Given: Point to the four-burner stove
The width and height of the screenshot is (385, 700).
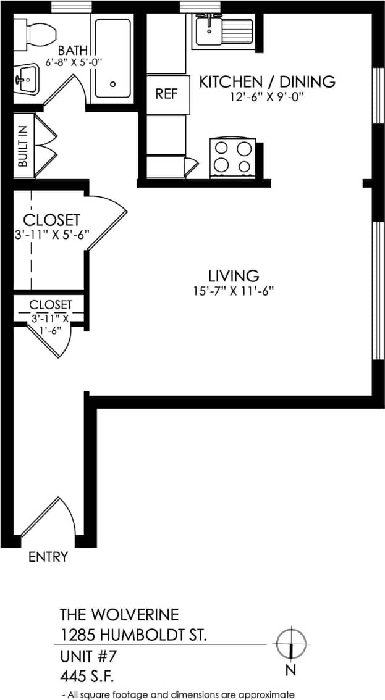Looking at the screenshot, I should tap(233, 157).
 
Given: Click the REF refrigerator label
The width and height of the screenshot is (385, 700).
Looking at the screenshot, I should tap(166, 94).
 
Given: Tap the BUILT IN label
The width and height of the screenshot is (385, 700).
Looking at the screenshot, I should tap(23, 146).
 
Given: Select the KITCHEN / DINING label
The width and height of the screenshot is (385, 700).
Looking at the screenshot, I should tap(267, 81).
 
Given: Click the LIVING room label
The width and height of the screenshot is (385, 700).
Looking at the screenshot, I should tap(233, 275).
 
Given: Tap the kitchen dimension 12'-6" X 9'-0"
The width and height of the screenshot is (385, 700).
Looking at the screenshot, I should tap(267, 97).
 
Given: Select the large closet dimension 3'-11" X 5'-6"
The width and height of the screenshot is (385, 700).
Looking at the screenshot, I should tap(52, 235).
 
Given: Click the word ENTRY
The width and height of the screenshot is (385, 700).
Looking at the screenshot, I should tap(48, 557).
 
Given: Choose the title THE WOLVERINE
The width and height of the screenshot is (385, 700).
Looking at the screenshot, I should tap(119, 615).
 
